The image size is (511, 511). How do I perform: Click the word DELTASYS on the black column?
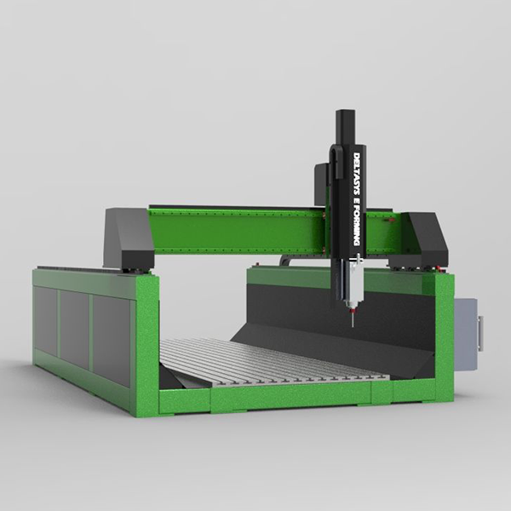click(x=357, y=175)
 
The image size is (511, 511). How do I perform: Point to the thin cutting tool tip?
click(x=352, y=326)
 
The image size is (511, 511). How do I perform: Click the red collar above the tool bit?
click(x=352, y=311)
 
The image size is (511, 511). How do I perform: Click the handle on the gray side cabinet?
click(x=480, y=333)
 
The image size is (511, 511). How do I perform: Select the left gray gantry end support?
click(x=129, y=238)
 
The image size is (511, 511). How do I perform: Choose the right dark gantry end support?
click(x=421, y=239)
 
